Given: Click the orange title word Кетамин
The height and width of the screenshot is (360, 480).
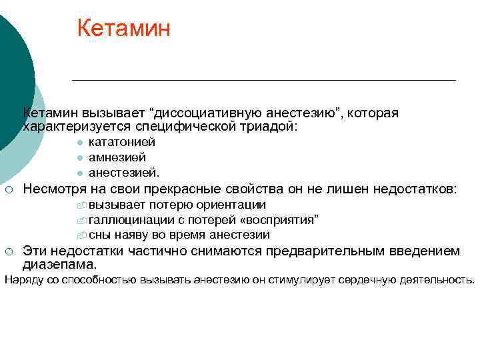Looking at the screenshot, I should (123, 28).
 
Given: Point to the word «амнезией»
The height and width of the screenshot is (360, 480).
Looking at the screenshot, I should (117, 157).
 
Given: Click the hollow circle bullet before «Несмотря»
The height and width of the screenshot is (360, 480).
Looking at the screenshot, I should (9, 190).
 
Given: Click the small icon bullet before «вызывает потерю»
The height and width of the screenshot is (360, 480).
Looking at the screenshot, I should (81, 205).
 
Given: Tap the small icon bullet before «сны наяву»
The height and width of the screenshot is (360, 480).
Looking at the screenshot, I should (81, 235).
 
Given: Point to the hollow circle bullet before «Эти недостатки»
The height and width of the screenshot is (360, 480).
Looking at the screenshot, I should (9, 251).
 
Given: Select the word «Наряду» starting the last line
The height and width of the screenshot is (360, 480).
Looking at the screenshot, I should (23, 280).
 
